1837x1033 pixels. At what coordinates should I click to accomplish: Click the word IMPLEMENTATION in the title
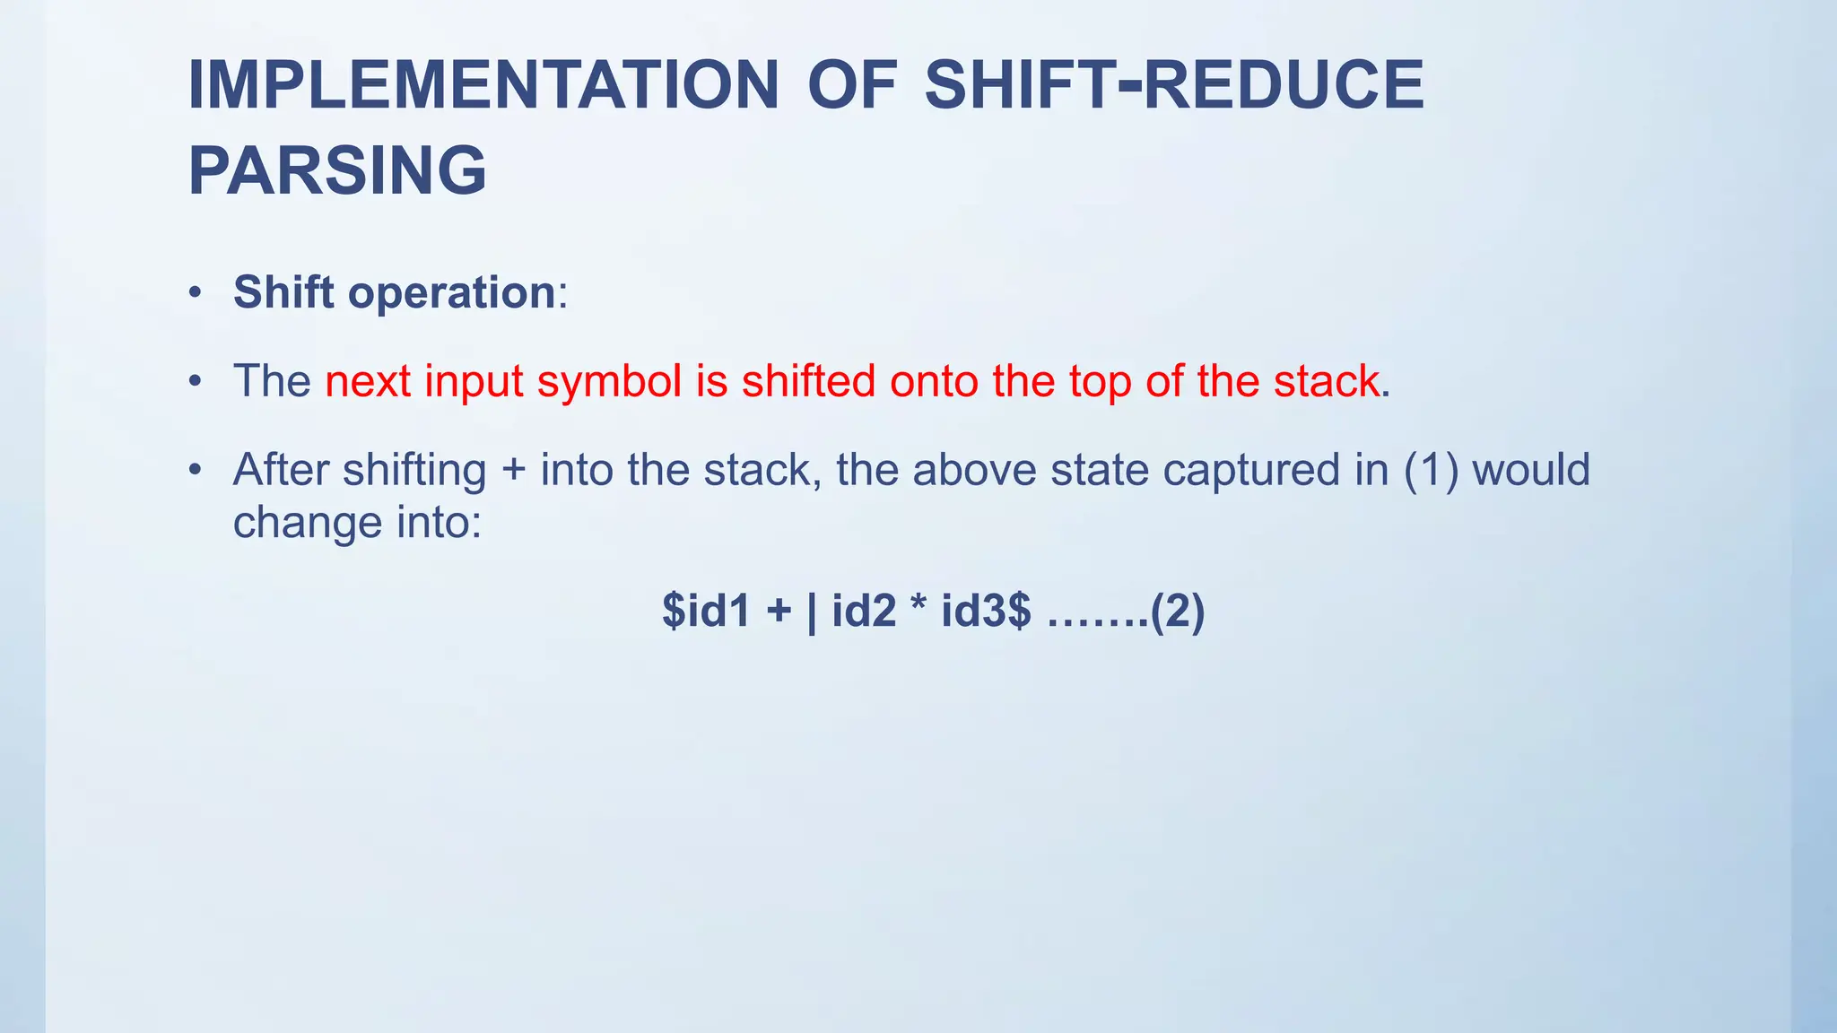pos(483,85)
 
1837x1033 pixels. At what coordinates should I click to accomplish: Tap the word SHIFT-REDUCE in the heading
pos(1174,85)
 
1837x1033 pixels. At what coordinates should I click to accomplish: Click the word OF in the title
pos(852,85)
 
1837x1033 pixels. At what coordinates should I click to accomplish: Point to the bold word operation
pos(451,293)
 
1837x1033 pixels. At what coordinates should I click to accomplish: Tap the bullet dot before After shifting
pos(195,470)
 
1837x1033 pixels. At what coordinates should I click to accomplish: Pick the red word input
pos(474,382)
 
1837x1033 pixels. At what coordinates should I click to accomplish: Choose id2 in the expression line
pos(864,612)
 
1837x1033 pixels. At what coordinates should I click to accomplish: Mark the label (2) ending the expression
pos(1177,612)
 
